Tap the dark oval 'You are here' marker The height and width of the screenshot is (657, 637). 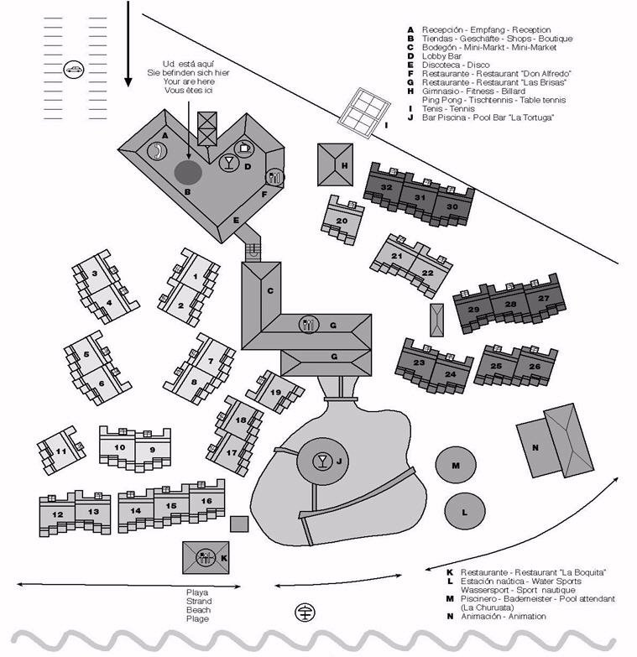pyautogui.click(x=188, y=172)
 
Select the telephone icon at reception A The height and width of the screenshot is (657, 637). pyautogui.click(x=157, y=150)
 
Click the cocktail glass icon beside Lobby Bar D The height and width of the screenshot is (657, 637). pyautogui.click(x=228, y=162)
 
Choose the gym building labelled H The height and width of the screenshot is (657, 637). pyautogui.click(x=334, y=164)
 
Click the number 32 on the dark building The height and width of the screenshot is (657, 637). pyautogui.click(x=386, y=187)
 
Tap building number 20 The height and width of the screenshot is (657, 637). pyautogui.click(x=341, y=221)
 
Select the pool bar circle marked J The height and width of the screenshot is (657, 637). pyautogui.click(x=321, y=461)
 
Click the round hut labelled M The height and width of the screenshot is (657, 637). pyautogui.click(x=456, y=466)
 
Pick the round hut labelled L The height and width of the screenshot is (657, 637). pyautogui.click(x=462, y=508)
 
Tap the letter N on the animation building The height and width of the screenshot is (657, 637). pyautogui.click(x=535, y=448)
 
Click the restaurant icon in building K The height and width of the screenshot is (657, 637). pyautogui.click(x=205, y=556)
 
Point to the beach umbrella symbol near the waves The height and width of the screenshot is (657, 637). pyautogui.click(x=304, y=613)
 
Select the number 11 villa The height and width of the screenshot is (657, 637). pyautogui.click(x=60, y=451)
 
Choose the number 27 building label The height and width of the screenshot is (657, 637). pyautogui.click(x=543, y=299)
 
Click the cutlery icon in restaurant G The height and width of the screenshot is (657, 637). pyautogui.click(x=310, y=324)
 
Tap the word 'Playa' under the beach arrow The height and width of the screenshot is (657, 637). pyautogui.click(x=197, y=592)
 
